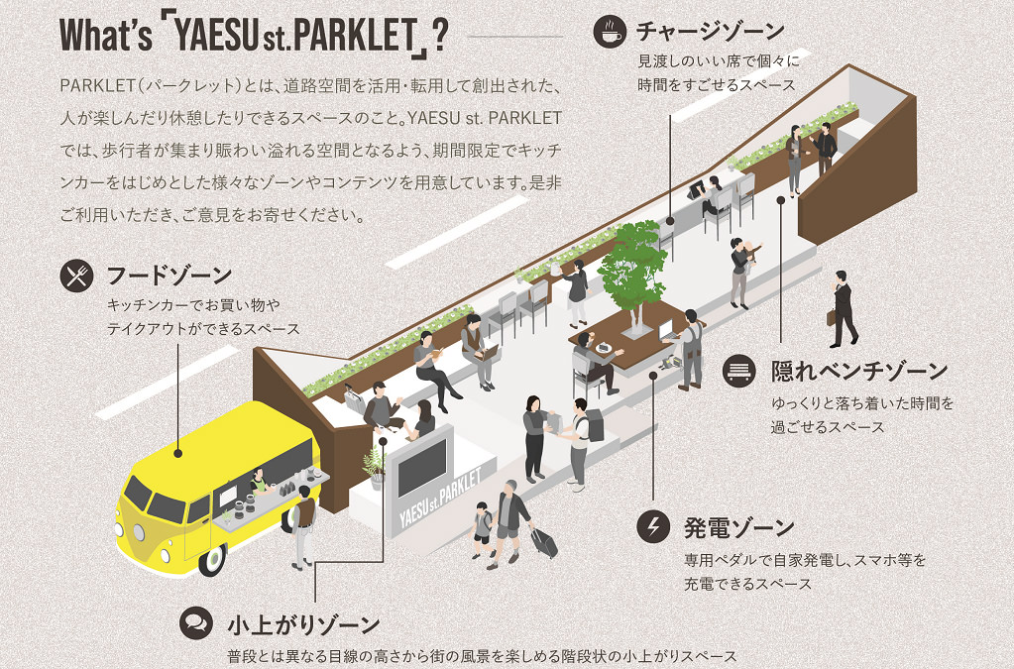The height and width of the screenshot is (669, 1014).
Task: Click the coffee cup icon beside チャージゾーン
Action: pos(610,31)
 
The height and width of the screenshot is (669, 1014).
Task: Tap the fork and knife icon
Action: pos(76,276)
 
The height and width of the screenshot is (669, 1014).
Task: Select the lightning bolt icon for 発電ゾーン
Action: pos(653,526)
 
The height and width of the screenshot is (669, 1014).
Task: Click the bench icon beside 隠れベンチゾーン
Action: pos(740,371)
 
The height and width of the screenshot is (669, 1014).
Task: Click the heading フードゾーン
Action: pos(169,275)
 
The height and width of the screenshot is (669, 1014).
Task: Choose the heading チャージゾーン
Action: pos(710,31)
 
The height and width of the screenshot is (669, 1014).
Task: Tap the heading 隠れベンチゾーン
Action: pos(859,372)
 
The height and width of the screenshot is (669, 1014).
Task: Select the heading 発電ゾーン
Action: pos(738,526)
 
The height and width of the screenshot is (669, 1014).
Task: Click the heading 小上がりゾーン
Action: pos(303,625)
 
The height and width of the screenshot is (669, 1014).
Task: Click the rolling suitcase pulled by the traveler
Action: pos(544,542)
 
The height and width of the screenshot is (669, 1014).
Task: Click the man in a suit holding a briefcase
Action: pos(844,307)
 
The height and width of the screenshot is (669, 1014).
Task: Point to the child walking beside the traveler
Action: pos(482,530)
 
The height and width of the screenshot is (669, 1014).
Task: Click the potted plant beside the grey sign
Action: pos(376,467)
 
